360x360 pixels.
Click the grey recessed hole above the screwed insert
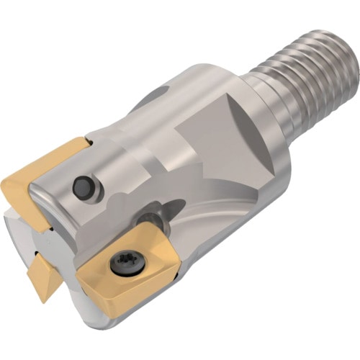coord(150,215)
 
